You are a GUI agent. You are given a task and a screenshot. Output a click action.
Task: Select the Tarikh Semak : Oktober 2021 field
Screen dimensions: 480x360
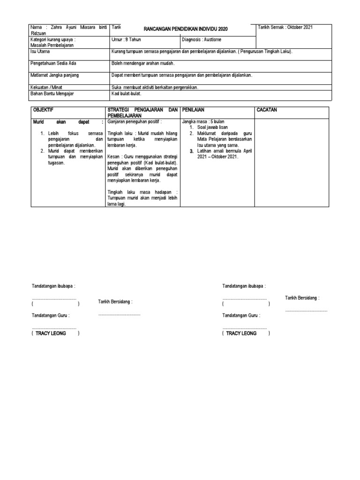[x=285, y=27]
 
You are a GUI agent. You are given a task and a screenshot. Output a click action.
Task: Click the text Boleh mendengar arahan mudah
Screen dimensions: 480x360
[x=143, y=63]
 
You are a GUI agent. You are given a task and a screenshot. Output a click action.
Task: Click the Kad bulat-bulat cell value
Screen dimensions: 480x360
[x=126, y=94]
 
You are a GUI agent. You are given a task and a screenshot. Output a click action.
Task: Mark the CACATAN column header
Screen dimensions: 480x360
[x=268, y=110]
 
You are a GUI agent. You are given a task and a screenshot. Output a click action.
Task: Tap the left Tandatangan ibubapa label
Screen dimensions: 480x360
[x=53, y=286]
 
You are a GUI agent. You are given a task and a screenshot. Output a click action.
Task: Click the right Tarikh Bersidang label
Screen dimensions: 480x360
[x=302, y=298]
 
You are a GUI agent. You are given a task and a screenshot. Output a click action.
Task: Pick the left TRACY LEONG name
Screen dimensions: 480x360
[x=51, y=333]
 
